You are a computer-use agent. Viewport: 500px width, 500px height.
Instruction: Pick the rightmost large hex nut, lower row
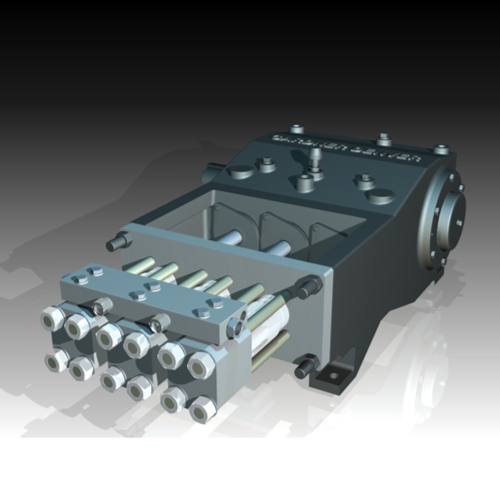point(199,408)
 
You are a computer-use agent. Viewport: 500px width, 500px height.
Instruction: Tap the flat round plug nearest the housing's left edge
point(241,171)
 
